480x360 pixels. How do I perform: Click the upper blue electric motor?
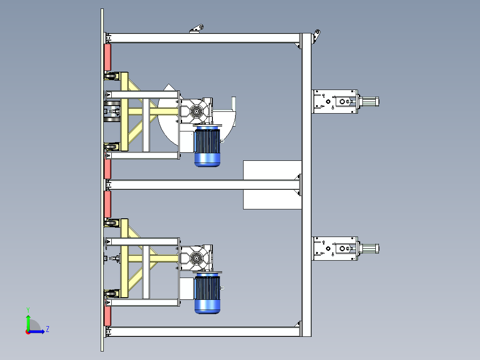pyautogui.click(x=207, y=146)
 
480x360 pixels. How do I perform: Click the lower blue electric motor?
pyautogui.click(x=207, y=293)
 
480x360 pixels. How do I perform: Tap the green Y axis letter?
pyautogui.click(x=28, y=310)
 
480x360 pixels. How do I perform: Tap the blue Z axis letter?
pyautogui.click(x=48, y=329)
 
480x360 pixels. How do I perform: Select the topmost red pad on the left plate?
pyautogui.click(x=107, y=57)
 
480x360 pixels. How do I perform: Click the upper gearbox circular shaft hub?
pyautogui.click(x=196, y=111)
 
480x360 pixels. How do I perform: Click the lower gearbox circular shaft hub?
pyautogui.click(x=196, y=258)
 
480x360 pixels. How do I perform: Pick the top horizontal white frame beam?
pyautogui.click(x=203, y=38)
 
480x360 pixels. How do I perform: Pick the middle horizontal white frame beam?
pyautogui.click(x=203, y=185)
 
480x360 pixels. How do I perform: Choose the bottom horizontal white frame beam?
pyautogui.click(x=203, y=331)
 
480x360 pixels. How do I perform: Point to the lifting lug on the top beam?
pyautogui.click(x=196, y=29)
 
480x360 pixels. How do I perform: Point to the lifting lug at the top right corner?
pyautogui.click(x=316, y=36)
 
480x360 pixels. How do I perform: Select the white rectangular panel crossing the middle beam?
pyautogui.click(x=272, y=185)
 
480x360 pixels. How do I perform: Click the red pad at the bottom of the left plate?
pyautogui.click(x=107, y=315)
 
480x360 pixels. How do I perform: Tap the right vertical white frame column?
pyautogui.click(x=306, y=185)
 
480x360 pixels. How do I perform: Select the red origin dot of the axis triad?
pyautogui.click(x=28, y=332)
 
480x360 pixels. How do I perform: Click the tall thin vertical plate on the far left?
pyautogui.click(x=102, y=180)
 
